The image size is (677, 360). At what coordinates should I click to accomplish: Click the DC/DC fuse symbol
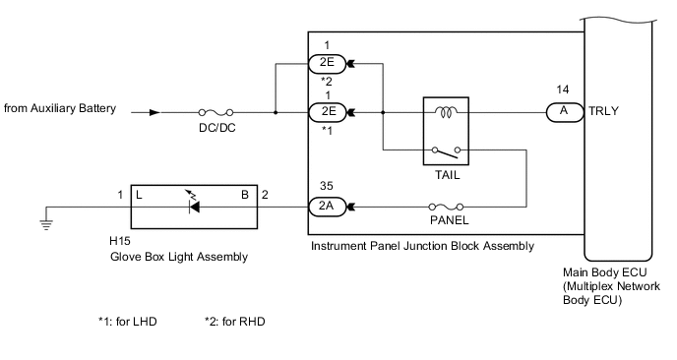pyautogui.click(x=209, y=112)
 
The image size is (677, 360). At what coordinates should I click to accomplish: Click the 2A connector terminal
pyautogui.click(x=326, y=207)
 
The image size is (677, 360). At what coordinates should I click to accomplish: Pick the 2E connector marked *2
pyautogui.click(x=326, y=64)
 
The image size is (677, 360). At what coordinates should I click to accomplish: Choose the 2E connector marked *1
pyautogui.click(x=326, y=112)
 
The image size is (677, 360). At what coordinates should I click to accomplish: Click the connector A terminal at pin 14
pyautogui.click(x=562, y=112)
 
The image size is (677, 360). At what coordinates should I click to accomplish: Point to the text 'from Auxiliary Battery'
pyautogui.click(x=60, y=108)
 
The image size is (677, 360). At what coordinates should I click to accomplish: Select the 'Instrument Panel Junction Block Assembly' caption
pyautogui.click(x=423, y=246)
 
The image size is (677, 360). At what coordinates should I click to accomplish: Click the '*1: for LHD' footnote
pyautogui.click(x=127, y=322)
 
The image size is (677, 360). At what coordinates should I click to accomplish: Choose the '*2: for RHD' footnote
pyautogui.click(x=234, y=322)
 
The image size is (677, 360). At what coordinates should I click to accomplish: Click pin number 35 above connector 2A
pyautogui.click(x=326, y=184)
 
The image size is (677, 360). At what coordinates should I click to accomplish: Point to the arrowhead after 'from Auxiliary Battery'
pyautogui.click(x=153, y=112)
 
